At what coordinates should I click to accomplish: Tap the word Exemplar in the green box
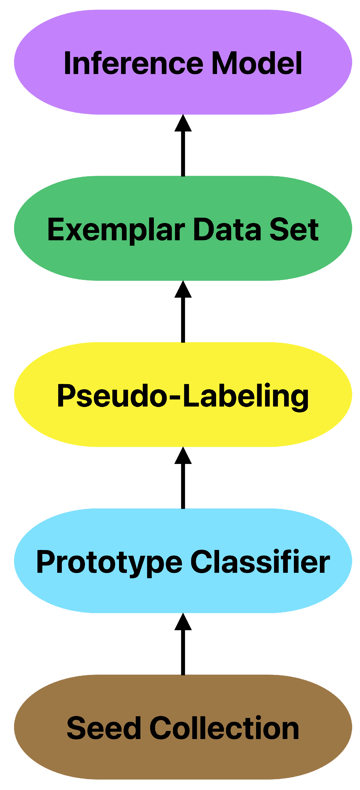point(116,230)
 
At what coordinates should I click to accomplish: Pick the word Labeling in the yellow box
point(245,396)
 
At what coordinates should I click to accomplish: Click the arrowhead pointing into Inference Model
point(183,124)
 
